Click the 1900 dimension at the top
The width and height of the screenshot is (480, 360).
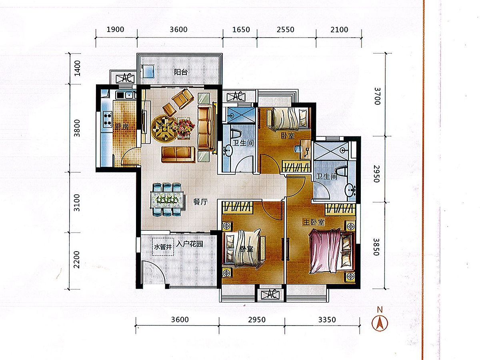(x=115, y=30)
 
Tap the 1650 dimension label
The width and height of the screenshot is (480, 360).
(x=241, y=30)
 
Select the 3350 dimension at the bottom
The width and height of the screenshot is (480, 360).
(x=327, y=320)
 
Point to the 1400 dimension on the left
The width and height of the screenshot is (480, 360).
(x=77, y=68)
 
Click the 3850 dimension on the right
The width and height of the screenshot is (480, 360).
(x=376, y=247)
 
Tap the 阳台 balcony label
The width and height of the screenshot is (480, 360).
(x=181, y=72)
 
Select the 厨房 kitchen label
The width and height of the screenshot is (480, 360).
(x=122, y=127)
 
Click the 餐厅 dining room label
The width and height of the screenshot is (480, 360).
(x=200, y=202)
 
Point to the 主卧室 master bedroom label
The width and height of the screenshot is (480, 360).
(x=314, y=222)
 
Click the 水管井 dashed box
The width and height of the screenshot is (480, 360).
(x=163, y=247)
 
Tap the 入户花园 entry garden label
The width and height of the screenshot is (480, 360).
(x=189, y=244)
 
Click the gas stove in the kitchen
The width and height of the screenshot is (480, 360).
(x=107, y=119)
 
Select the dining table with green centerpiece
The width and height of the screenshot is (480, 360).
(x=167, y=200)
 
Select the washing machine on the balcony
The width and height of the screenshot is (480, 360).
(x=148, y=71)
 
